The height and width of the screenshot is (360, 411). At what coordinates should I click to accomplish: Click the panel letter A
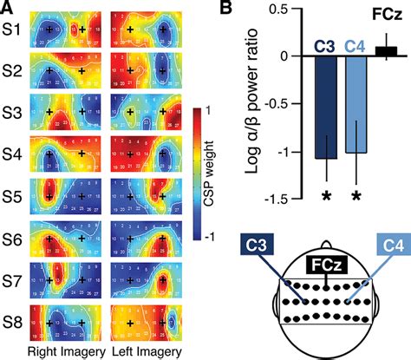[8, 9]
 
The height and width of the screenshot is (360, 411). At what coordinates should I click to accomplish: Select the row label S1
[12, 29]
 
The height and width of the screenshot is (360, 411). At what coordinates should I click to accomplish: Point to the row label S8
[12, 317]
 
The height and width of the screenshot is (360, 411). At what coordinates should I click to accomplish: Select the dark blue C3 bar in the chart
[327, 107]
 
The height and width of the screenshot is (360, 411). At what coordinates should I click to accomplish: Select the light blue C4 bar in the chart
[356, 104]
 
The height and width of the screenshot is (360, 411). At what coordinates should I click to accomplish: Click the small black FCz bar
[388, 51]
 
